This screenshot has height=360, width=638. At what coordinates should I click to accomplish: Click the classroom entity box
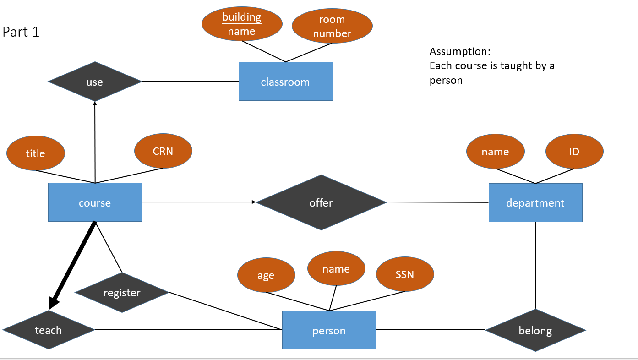coord(285,82)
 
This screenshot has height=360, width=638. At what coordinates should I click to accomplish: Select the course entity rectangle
coord(95,202)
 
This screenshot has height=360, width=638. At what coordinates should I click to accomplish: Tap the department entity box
coord(535,202)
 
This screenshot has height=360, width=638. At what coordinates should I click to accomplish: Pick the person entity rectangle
coord(329,330)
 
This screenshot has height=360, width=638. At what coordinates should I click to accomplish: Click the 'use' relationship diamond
coord(95,82)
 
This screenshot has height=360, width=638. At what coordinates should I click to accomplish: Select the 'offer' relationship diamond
coord(321,202)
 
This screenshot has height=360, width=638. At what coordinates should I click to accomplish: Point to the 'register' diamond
coord(122,293)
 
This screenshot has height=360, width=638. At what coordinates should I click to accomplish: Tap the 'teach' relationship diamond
coord(48,330)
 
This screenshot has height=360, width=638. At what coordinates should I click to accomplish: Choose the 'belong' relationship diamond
coord(535,330)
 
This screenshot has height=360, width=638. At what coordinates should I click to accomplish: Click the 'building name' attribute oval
coord(241,24)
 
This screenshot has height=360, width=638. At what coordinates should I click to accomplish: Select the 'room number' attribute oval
coord(332,27)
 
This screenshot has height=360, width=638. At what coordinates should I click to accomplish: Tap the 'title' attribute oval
coord(36,153)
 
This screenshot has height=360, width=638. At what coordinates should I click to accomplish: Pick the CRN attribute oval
coord(163,151)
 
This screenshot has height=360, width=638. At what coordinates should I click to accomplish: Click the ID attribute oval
coord(574,152)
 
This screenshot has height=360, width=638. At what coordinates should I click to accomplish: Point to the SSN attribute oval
coord(405,274)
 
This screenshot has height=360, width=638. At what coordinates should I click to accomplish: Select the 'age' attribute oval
coord(266,275)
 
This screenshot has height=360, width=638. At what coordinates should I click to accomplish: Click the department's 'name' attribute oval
coord(495,152)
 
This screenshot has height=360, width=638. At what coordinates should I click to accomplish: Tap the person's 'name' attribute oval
coord(336,269)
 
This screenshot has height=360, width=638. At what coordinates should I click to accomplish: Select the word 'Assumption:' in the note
coord(460,51)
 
